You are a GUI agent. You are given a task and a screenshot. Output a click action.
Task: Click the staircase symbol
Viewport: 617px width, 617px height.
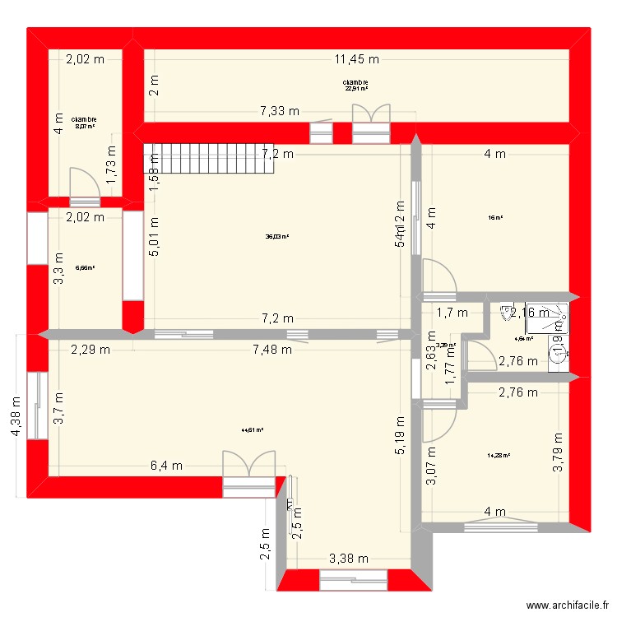[193, 157]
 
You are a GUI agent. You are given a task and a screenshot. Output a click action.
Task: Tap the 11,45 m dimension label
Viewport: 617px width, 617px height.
[356, 58]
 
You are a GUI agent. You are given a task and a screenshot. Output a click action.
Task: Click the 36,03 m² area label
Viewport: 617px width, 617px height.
[276, 237]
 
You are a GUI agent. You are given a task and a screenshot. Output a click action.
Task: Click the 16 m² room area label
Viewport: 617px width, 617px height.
[495, 218]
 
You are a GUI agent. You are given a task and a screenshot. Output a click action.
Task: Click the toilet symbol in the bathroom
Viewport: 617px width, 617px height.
[503, 313]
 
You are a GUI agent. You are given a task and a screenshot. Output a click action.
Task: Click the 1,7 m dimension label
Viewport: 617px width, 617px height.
[452, 313]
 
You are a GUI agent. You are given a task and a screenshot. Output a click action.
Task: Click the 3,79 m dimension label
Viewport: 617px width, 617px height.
[559, 452]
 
